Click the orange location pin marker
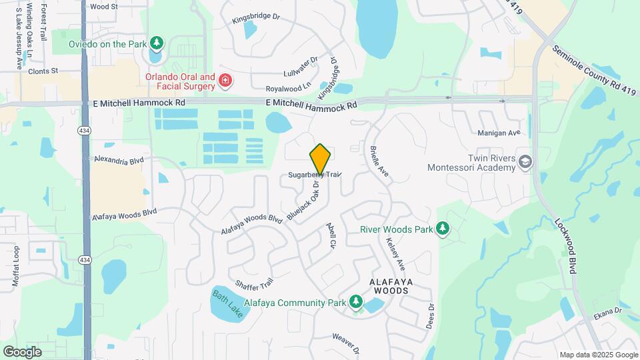pos(320,159)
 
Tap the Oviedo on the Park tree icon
pos(157,44)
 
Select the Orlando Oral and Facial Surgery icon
pos(225,81)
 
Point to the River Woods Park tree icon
pos(442,229)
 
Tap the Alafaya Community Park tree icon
pos(356,303)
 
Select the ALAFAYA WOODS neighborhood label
pos(393,286)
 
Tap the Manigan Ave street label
pos(498,133)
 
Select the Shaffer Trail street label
pos(254,284)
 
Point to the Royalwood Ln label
pos(289,87)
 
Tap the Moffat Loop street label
pos(16,266)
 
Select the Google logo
pos(22,351)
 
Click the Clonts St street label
pos(43,70)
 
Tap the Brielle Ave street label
pos(379,162)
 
